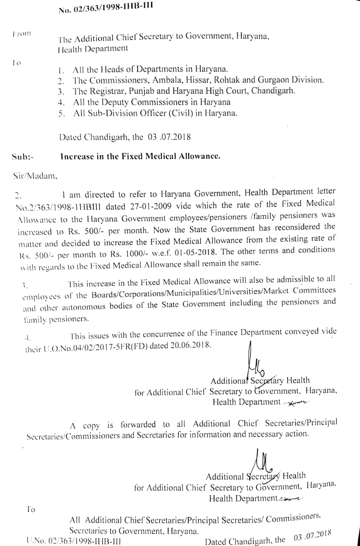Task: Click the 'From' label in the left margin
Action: [x=22, y=33]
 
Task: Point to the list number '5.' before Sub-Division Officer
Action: [x=61, y=113]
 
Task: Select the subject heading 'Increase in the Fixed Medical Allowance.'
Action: [x=140, y=156]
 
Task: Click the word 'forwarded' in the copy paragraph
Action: [x=138, y=424]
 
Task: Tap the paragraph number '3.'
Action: [x=25, y=285]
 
